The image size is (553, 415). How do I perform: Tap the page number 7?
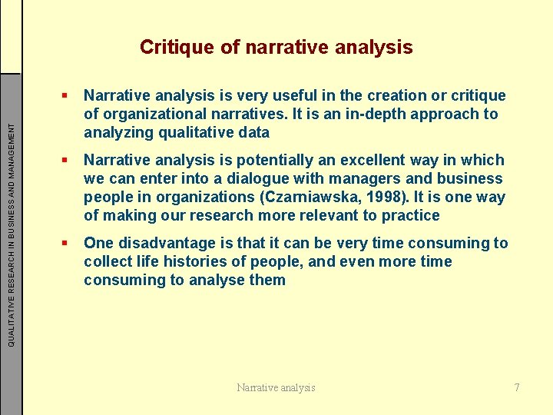(x=517, y=387)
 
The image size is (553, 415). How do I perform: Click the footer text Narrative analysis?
(x=276, y=387)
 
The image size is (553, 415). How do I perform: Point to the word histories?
(x=181, y=261)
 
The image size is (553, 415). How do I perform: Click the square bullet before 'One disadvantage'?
(x=67, y=244)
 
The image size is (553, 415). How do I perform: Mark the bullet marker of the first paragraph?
(x=67, y=96)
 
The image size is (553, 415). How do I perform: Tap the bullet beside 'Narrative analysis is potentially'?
(x=67, y=161)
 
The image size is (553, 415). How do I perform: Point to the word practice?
(x=412, y=215)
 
